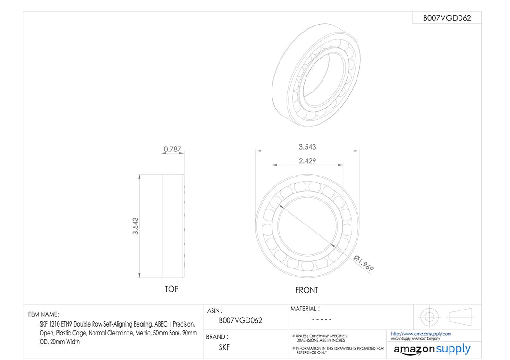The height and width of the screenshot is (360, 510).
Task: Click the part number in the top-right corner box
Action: [x=447, y=18]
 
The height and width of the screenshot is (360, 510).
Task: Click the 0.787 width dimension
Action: [x=172, y=149]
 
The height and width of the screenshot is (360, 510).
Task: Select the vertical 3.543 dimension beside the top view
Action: [x=136, y=226]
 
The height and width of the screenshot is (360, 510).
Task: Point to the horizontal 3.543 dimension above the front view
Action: [x=307, y=147]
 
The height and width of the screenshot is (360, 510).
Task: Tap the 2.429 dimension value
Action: [x=307, y=161]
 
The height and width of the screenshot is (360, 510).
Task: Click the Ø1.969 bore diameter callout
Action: [x=364, y=263]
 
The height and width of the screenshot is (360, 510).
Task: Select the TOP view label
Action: [x=172, y=289]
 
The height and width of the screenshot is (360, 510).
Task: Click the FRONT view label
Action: [x=307, y=290]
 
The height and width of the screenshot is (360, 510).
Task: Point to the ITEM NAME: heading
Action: [x=43, y=314]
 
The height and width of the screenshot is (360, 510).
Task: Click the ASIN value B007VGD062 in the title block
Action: [x=240, y=320]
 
